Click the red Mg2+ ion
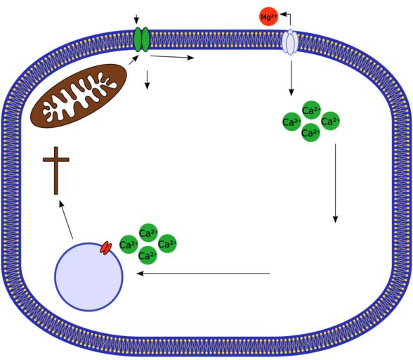[x=268, y=17]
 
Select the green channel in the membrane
[x=141, y=39]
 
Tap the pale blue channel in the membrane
[x=289, y=42]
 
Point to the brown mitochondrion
[x=79, y=96]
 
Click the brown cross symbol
[x=56, y=170]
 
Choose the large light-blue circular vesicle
[x=88, y=277]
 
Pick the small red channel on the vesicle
[x=106, y=248]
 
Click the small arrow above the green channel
[x=136, y=20]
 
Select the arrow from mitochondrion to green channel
[x=133, y=60]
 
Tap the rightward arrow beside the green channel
[x=172, y=57]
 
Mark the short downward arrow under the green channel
[x=147, y=80]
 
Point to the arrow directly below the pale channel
[x=291, y=78]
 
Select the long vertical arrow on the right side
[x=335, y=184]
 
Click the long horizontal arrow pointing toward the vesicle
[x=203, y=274]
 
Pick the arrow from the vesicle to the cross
[x=66, y=219]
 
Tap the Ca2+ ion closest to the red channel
[x=129, y=245]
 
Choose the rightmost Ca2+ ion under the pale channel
[x=330, y=121]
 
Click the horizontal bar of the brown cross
[x=56, y=160]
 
